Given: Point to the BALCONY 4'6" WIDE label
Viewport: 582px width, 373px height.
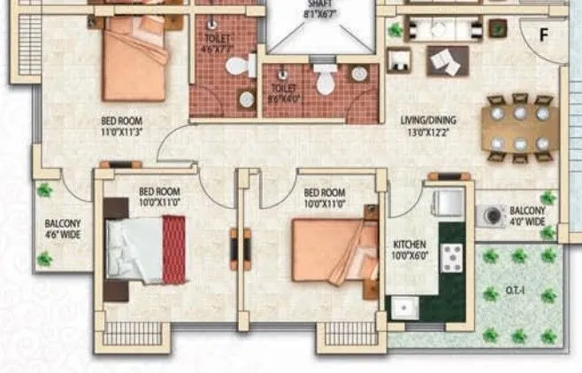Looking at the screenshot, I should (63, 229).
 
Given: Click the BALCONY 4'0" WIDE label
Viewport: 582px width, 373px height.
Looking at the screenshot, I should (528, 216).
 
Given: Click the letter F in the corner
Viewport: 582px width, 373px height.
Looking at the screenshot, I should (545, 35).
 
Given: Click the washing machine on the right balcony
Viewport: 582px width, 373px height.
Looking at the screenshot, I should (489, 216).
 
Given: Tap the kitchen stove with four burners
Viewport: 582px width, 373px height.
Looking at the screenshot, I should (452, 257).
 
